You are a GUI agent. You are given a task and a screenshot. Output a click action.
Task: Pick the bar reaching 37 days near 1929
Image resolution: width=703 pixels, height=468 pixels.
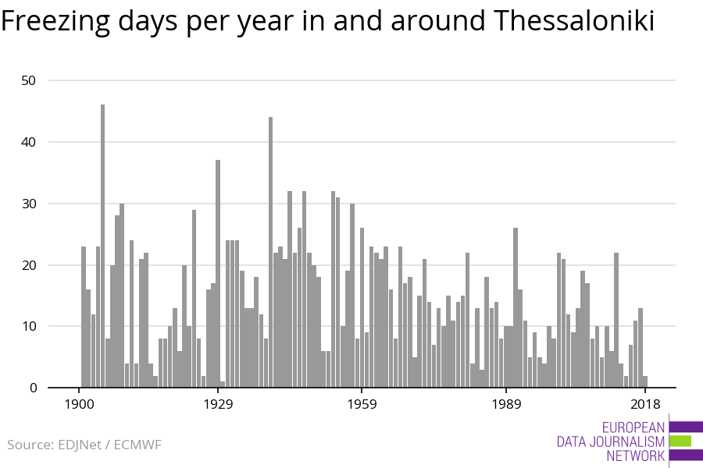218,273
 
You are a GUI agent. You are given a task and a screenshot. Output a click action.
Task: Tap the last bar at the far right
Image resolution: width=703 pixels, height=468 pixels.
645,381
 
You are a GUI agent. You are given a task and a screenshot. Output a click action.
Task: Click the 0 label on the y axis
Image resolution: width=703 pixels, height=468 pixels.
33,388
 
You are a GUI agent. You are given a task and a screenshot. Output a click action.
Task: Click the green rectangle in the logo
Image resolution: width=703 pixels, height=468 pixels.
680,441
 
